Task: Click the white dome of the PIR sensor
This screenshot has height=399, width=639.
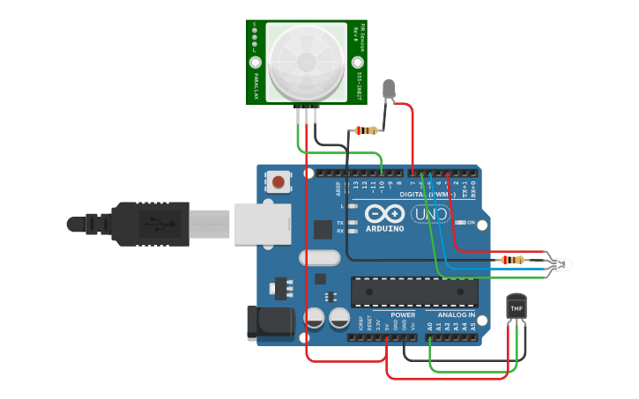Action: point(306,62)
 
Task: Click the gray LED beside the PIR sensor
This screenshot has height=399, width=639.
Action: point(389,89)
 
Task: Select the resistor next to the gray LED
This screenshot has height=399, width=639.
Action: point(365,130)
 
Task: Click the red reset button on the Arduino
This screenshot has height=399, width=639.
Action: point(279,182)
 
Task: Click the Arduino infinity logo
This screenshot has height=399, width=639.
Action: point(384,214)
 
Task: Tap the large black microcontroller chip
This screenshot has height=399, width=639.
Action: point(414,292)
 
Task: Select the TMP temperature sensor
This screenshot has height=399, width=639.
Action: point(516,307)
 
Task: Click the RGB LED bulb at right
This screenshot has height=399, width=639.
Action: point(561,263)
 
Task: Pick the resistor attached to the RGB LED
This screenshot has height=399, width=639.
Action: point(511,260)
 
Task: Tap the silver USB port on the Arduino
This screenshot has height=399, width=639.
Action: point(262,224)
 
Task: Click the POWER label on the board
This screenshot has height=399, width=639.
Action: point(403,314)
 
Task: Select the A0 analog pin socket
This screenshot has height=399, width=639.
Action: point(430,336)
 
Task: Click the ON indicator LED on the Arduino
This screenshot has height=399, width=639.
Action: point(458,222)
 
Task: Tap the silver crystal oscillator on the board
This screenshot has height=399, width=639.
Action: point(319,258)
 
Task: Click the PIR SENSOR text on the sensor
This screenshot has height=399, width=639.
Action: point(361,43)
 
